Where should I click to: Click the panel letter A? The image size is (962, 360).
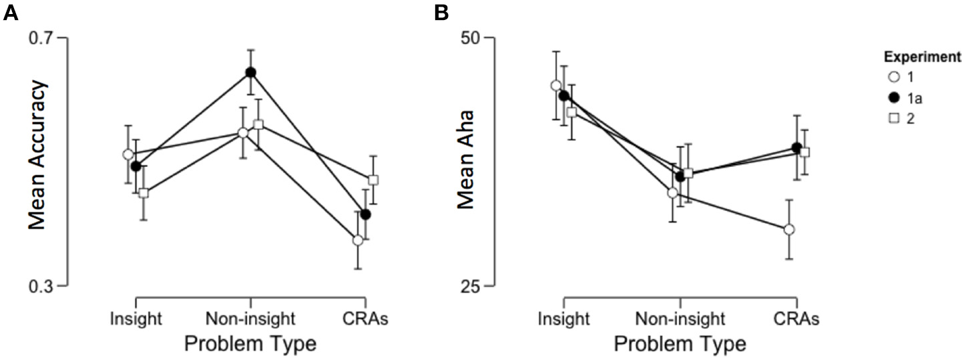point(11,13)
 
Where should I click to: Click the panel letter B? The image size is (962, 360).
point(441,13)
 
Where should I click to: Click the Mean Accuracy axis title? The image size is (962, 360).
point(37,155)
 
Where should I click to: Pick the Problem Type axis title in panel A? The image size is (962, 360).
point(250,344)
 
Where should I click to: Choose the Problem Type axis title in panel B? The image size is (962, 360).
point(680,344)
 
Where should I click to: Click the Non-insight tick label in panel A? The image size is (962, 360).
point(250,317)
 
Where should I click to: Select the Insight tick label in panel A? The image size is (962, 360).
point(136,317)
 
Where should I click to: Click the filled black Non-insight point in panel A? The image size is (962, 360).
point(250,72)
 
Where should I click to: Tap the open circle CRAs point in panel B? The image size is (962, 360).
point(789,229)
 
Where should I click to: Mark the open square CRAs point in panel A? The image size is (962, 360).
point(374,180)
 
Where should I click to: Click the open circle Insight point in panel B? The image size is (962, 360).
point(555,85)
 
